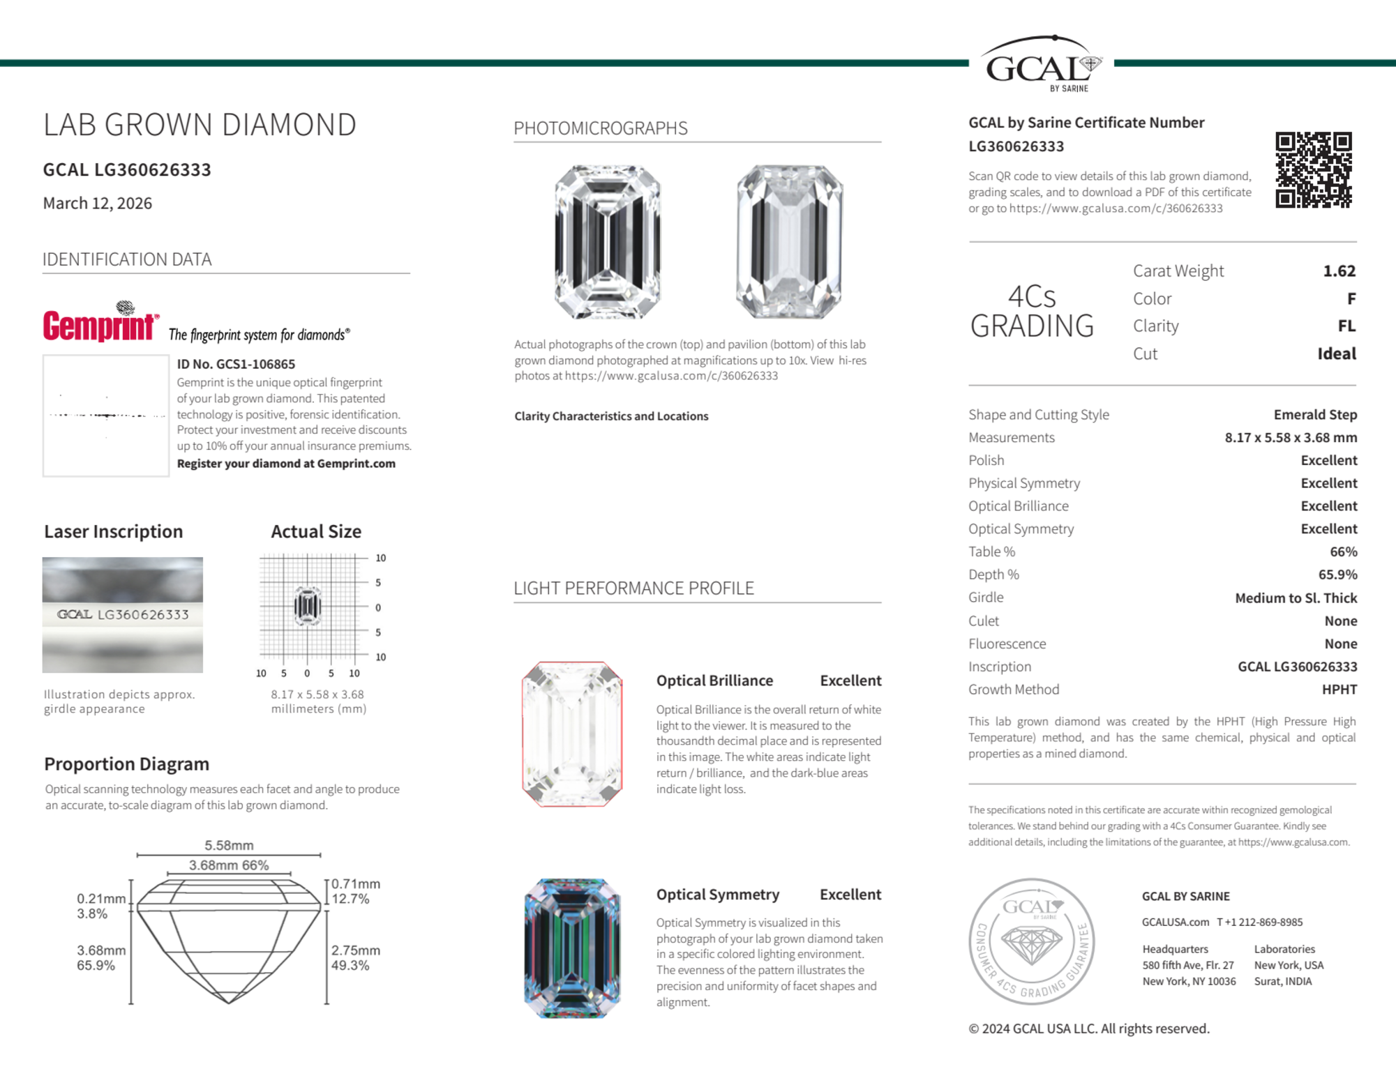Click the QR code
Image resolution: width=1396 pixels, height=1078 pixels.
tap(1313, 169)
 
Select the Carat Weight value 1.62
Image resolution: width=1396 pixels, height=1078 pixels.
tap(1339, 271)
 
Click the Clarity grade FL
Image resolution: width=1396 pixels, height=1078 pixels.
tap(1346, 326)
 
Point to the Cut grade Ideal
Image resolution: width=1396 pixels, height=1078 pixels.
tap(1336, 354)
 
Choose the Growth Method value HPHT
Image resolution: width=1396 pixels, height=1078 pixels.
tap(1339, 690)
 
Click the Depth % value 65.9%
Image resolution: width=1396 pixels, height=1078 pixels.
tap(1337, 575)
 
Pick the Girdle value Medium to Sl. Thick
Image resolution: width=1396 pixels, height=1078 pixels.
tap(1296, 598)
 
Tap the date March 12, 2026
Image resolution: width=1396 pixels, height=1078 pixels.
tap(98, 203)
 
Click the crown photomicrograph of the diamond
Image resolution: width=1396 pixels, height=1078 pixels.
tap(607, 242)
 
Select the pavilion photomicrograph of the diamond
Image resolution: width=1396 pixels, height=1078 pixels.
tap(789, 242)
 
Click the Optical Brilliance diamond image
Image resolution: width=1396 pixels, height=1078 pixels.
tap(572, 734)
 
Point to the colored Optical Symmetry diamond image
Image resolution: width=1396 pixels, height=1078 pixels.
tap(572, 948)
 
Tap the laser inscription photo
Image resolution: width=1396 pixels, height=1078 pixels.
tap(123, 614)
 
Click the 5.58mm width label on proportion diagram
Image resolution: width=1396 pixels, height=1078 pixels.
tap(229, 845)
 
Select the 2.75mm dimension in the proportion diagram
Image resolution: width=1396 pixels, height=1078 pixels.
tap(355, 950)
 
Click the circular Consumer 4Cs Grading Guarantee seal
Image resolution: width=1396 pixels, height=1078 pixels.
tap(1032, 941)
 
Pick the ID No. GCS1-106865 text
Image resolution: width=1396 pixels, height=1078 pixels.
tap(236, 364)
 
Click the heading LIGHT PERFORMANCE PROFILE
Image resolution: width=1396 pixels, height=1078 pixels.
tap(633, 588)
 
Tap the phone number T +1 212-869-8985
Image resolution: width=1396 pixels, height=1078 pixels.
tap(1259, 922)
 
